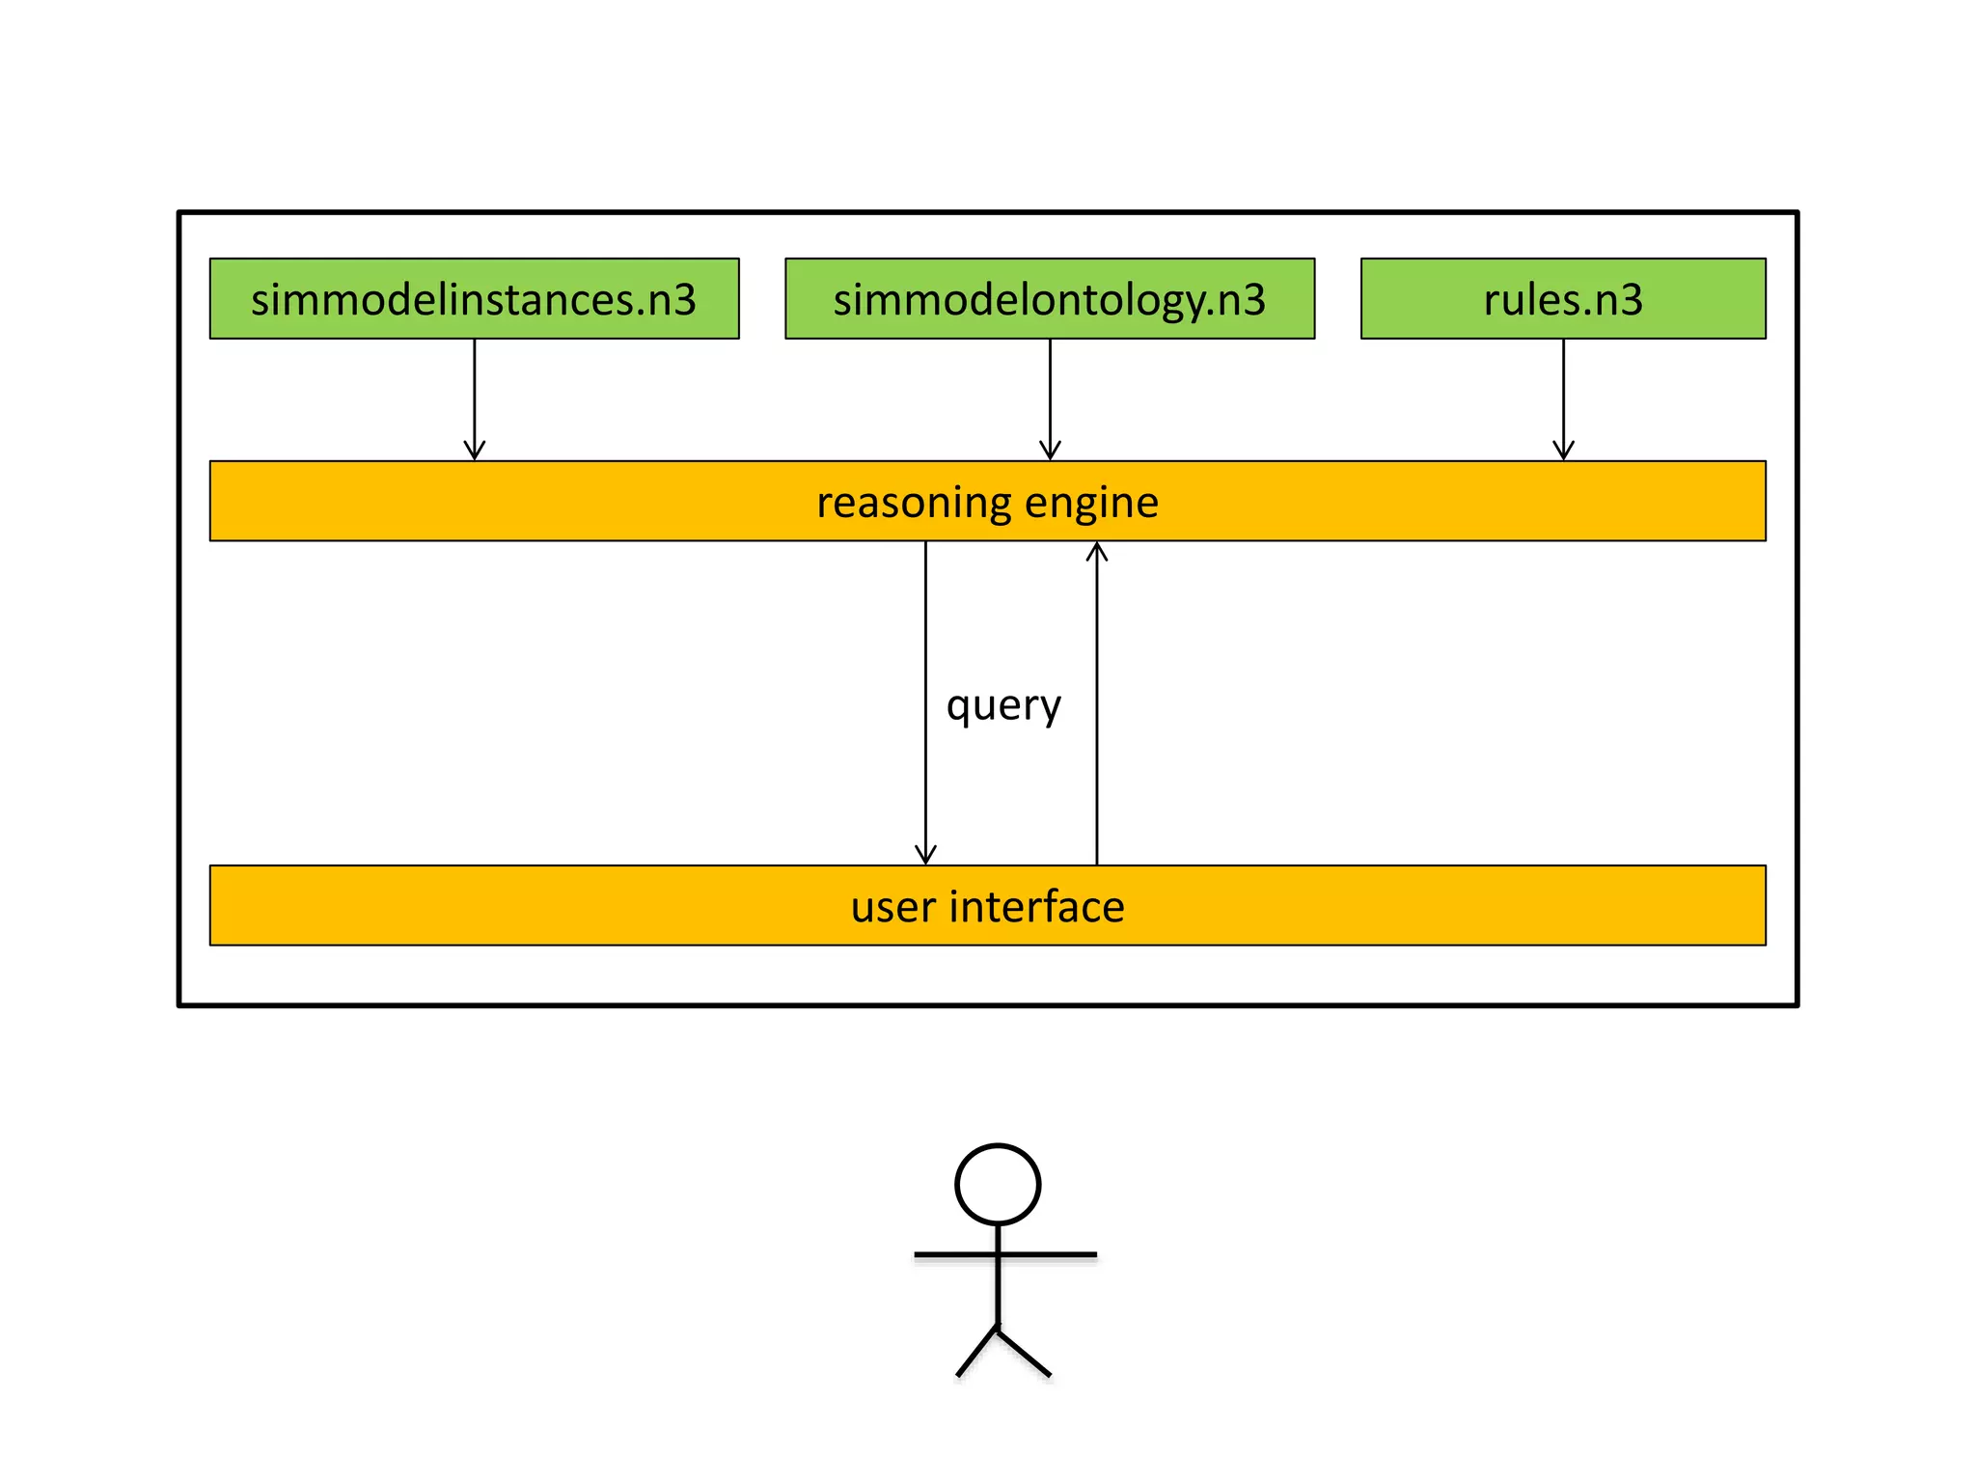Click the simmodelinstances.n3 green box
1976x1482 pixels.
(x=474, y=298)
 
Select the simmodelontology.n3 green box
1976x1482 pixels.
(x=1050, y=298)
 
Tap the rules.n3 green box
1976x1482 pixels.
(x=1563, y=298)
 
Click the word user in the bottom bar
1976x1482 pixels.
(x=892, y=907)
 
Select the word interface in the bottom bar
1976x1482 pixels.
(x=1037, y=907)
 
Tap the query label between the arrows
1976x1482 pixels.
(x=1003, y=705)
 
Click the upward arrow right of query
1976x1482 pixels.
(x=1097, y=704)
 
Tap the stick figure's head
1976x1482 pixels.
(x=998, y=1185)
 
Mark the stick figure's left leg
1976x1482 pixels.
(x=976, y=1352)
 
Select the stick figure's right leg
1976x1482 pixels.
(x=1025, y=1353)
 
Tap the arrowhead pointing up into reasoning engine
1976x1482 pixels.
(x=1097, y=551)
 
